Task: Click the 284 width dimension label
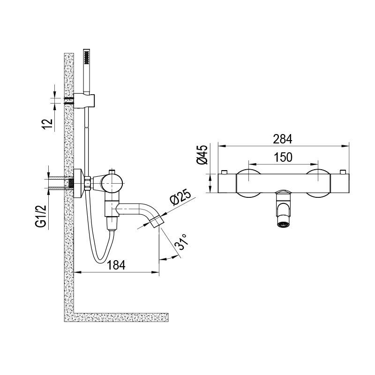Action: coord(283,139)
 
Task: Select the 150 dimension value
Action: coord(283,157)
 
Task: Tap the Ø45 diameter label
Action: coord(202,155)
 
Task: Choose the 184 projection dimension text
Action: coord(116,265)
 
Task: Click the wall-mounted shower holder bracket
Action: coord(84,101)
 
